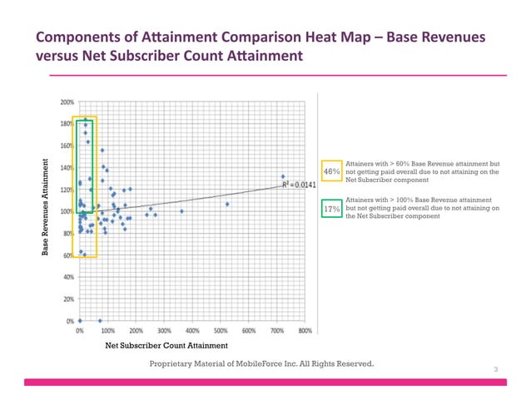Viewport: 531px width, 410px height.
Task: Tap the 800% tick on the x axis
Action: pos(305,330)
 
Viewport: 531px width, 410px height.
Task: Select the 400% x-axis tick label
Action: pos(192,330)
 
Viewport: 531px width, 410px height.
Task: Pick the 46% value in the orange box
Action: pos(331,171)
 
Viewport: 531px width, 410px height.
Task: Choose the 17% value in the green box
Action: pos(331,210)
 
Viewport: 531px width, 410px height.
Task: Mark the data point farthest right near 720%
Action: pos(283,177)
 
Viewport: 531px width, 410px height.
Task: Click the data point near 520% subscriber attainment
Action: pos(226,204)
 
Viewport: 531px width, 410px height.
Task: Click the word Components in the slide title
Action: pos(79,38)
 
